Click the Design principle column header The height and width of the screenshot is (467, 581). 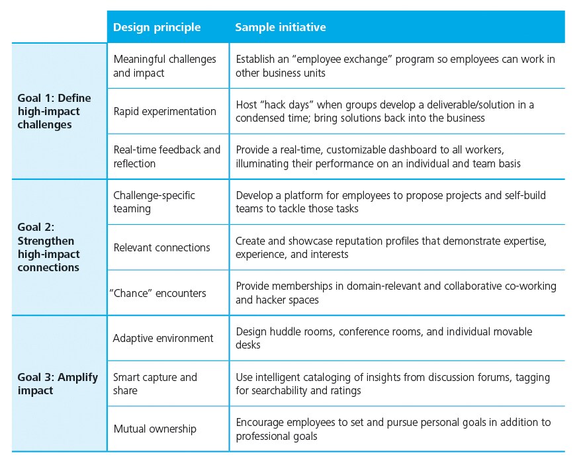(157, 27)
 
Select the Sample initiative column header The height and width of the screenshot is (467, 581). (281, 27)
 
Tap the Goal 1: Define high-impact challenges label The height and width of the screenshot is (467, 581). (54, 111)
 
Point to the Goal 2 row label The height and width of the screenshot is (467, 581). (49, 247)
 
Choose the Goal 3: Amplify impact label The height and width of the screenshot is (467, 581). (58, 384)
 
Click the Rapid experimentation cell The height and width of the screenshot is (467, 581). (165, 111)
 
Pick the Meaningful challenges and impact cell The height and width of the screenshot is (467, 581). (165, 66)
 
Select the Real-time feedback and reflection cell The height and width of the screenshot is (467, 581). (167, 157)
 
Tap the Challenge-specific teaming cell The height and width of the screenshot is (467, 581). (154, 202)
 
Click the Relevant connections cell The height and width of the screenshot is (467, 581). (161, 247)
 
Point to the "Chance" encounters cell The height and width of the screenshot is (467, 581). (157, 293)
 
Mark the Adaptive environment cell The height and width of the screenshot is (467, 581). (163, 338)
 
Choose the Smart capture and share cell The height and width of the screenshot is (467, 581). (155, 384)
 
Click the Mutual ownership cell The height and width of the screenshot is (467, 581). (155, 429)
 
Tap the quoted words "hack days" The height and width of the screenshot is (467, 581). (287, 105)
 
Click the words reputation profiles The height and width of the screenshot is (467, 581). (379, 241)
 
